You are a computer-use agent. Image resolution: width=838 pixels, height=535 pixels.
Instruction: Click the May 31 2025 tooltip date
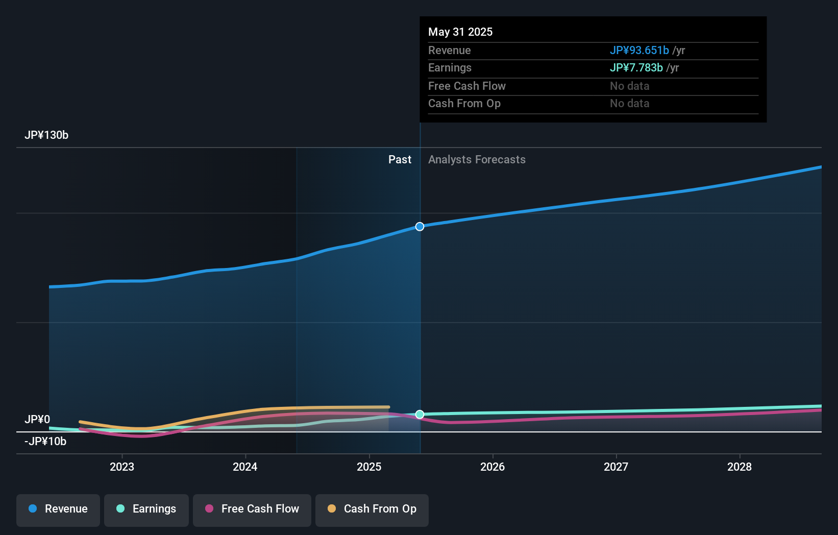click(x=460, y=32)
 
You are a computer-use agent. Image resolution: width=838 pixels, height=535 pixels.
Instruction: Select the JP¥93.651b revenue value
click(x=639, y=50)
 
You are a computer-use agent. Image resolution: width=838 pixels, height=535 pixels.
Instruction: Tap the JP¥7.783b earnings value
click(x=636, y=67)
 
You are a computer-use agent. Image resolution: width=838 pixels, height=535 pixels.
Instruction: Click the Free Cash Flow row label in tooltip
click(x=466, y=86)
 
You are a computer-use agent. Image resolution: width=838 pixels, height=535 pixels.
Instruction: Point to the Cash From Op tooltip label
click(x=464, y=103)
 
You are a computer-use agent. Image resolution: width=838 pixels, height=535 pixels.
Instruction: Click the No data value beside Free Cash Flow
click(x=629, y=86)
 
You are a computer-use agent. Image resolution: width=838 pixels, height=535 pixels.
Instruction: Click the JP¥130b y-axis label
click(x=46, y=135)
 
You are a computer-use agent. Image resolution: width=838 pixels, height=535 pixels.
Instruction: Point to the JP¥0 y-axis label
click(x=37, y=419)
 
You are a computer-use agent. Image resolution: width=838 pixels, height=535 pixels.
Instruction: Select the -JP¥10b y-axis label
click(x=45, y=441)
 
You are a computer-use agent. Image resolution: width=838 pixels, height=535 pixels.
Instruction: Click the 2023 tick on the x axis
click(x=122, y=467)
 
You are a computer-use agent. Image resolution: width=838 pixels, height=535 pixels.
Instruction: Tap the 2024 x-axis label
click(x=245, y=467)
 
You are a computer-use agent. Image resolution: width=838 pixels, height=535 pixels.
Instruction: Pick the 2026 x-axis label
click(x=492, y=467)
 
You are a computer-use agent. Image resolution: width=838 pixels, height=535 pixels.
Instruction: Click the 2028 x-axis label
click(x=739, y=467)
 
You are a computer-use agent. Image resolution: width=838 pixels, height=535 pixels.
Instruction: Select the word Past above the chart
click(x=400, y=159)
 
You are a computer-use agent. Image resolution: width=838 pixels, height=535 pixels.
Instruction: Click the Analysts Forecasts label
click(x=477, y=159)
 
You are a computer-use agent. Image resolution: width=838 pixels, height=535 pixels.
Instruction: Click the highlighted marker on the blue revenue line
click(x=420, y=226)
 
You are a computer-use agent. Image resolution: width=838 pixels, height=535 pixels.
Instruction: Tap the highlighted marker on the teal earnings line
click(x=420, y=414)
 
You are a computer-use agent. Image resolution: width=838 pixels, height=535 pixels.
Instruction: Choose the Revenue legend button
click(x=58, y=509)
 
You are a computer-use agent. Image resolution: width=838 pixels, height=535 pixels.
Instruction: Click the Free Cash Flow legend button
click(x=252, y=509)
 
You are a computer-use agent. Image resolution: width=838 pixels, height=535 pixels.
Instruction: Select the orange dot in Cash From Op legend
click(x=332, y=508)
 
